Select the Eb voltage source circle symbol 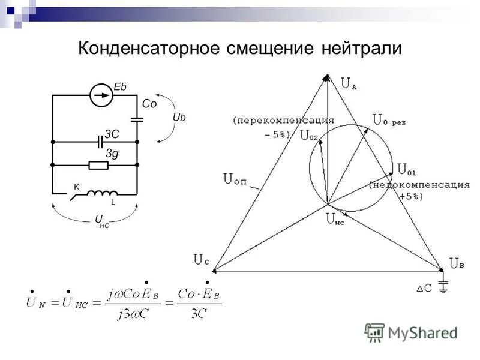[101, 95]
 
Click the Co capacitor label [149, 104]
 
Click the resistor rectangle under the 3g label [98, 165]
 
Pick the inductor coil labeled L [104, 193]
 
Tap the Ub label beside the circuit [179, 118]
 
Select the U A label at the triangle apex [349, 84]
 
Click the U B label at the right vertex [457, 263]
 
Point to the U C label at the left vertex [201, 259]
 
